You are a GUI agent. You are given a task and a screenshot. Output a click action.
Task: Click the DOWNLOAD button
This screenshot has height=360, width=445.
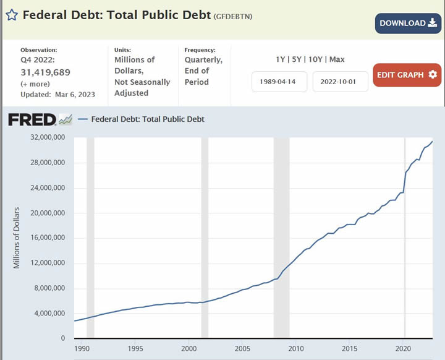coord(407,23)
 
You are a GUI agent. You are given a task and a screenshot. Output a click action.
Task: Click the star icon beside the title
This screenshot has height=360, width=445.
coord(12,14)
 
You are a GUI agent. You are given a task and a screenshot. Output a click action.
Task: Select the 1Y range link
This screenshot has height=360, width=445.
coord(281,59)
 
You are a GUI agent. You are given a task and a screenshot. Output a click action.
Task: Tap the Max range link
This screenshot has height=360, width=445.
coord(337,59)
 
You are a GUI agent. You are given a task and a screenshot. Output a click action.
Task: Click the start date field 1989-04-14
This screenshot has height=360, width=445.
coord(279,82)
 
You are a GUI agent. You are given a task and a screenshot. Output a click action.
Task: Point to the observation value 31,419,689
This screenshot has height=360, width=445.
coord(45,72)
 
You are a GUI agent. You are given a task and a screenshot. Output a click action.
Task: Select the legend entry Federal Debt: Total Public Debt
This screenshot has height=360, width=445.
coord(148,119)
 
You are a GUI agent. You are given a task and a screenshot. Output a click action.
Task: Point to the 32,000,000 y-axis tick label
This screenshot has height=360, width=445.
coord(48,138)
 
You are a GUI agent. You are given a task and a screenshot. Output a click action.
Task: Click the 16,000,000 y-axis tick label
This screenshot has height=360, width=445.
coord(48,238)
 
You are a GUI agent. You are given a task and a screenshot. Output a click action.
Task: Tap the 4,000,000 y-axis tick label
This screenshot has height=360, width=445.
coord(50,314)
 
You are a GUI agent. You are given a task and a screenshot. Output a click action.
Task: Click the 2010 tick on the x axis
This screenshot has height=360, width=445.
coord(297,348)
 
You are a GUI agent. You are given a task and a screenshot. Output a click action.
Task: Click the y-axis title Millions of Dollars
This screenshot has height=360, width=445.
coord(17,238)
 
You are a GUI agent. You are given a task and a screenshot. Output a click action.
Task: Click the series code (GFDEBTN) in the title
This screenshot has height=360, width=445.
coord(233,15)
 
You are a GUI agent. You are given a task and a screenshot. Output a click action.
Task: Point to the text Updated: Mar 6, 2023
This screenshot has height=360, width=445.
coord(58,95)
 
